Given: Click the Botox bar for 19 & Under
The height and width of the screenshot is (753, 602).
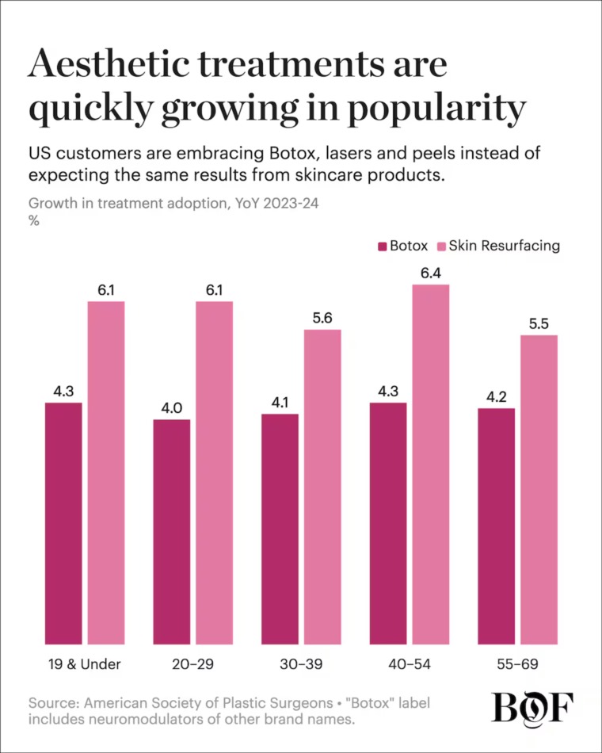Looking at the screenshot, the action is point(63,523).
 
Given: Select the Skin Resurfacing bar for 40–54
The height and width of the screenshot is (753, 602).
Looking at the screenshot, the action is point(431,464).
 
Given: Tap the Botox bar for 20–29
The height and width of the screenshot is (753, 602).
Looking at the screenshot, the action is point(172,532).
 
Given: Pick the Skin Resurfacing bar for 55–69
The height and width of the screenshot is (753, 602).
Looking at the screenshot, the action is point(539,490).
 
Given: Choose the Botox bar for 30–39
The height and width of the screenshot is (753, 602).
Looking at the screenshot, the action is point(280,529).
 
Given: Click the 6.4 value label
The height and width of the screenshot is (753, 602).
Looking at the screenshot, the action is point(431,273).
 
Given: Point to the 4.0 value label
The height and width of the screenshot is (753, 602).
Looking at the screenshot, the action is point(171,408).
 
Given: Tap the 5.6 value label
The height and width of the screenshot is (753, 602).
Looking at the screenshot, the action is point(322,319).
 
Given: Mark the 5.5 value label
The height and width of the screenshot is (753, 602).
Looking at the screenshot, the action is point(539,324).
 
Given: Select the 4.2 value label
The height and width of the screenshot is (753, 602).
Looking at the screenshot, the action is point(497,397).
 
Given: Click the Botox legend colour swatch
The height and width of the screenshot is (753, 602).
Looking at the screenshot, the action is point(382,247).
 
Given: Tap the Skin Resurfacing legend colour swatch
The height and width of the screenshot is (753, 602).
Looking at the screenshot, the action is point(442,247).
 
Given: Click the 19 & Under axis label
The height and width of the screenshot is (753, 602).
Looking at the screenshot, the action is point(85,664).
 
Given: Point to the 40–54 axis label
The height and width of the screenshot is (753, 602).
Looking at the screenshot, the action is point(410,664).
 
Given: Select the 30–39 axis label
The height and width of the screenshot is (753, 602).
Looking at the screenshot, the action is point(301,664).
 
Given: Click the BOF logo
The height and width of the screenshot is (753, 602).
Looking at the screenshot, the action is point(532,707).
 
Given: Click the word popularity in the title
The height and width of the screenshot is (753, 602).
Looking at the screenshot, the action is point(437,109).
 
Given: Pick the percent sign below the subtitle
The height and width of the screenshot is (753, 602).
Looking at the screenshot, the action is point(33,221).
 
